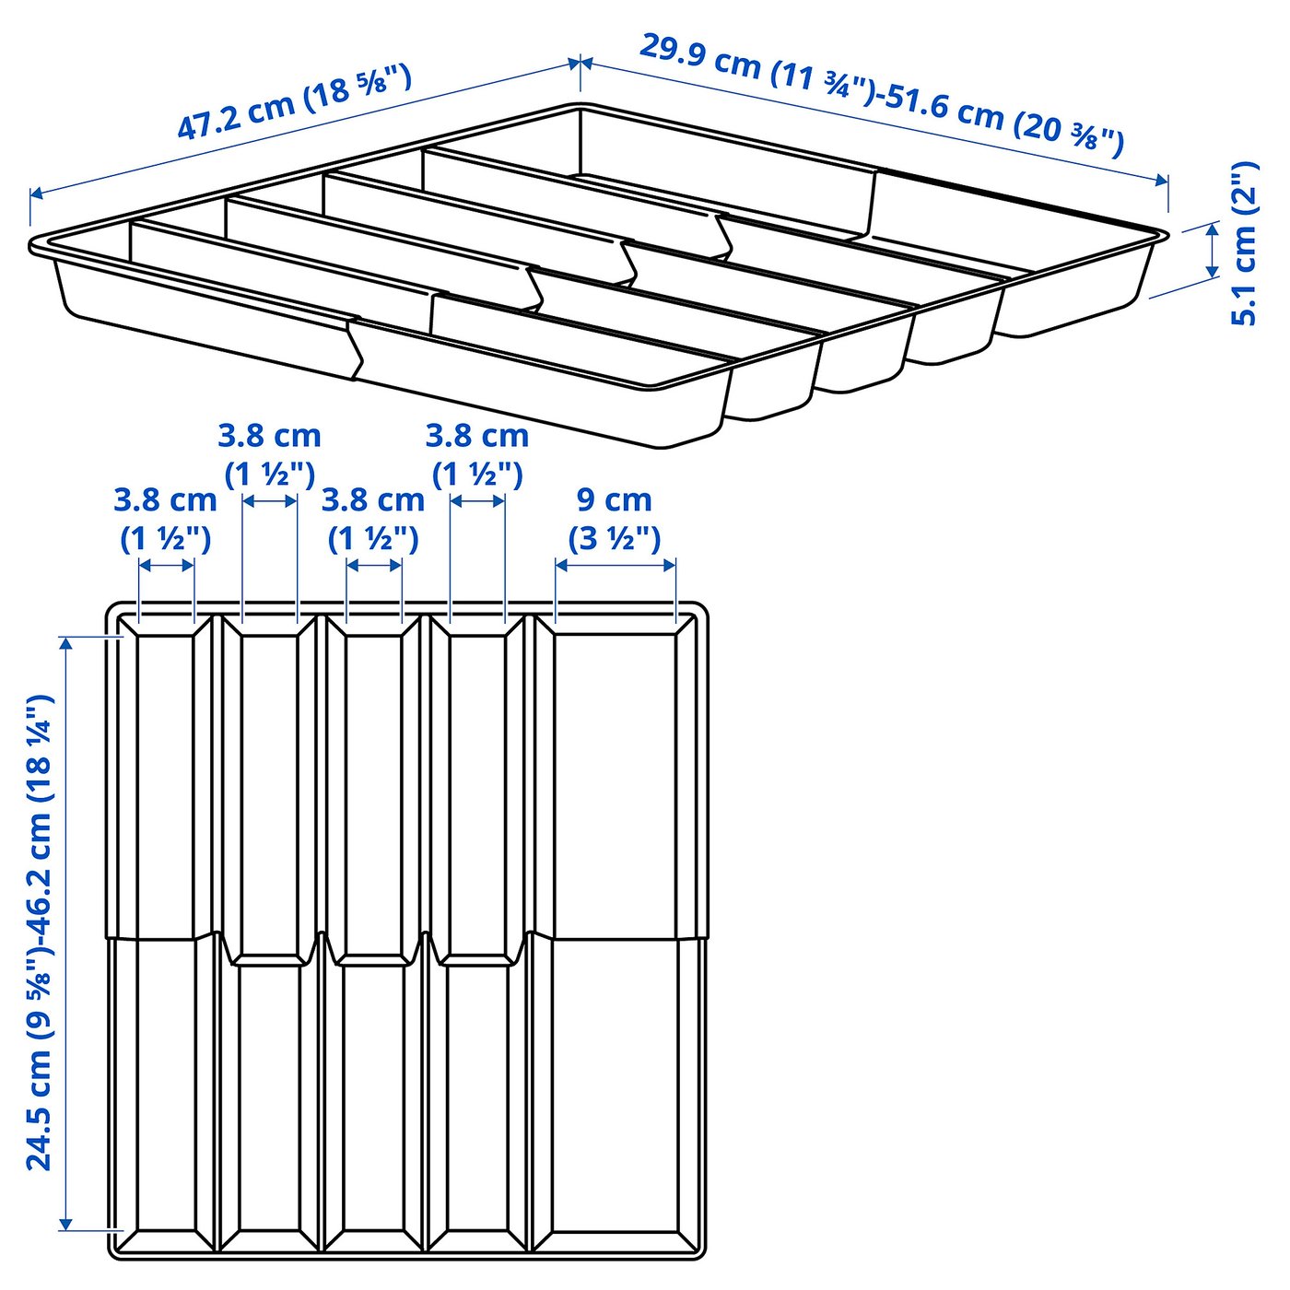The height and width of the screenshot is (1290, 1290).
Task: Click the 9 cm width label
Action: pos(614,499)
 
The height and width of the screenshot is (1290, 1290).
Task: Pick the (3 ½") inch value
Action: pos(614,537)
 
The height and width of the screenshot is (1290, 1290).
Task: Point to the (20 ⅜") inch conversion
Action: pos(1069,134)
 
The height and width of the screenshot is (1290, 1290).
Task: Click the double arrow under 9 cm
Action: pos(616,565)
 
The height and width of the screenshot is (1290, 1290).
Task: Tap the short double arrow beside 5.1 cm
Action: pos(1213,250)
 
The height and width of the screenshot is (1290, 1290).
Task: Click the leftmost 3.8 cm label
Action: pos(165,500)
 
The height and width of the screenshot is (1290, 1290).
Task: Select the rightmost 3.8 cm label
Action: pos(476,435)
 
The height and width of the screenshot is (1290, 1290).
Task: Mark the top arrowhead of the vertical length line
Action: pos(65,643)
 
